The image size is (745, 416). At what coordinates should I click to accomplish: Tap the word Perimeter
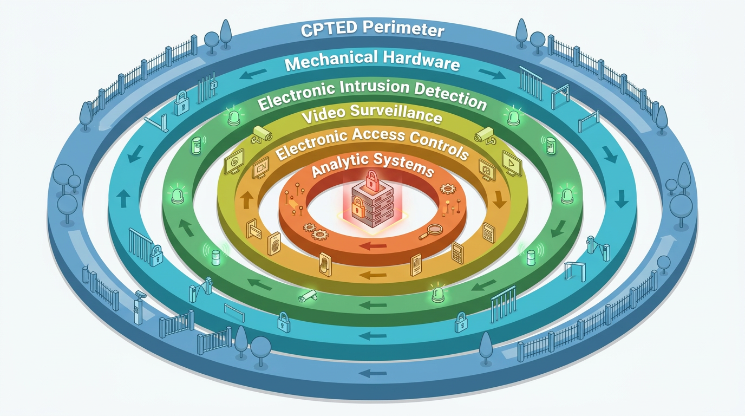(x=403, y=28)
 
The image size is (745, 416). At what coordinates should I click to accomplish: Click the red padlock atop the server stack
(x=372, y=181)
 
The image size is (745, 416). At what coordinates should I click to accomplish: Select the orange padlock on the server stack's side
(x=358, y=207)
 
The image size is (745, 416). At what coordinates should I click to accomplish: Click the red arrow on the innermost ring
(x=373, y=246)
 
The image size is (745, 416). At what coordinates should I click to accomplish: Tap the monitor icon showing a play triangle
(x=512, y=163)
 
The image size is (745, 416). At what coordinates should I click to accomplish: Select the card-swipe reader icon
(x=253, y=229)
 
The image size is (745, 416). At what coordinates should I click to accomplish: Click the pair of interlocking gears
(x=316, y=231)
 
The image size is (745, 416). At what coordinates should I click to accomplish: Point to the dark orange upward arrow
(x=246, y=200)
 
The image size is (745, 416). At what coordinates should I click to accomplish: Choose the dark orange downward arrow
(x=499, y=199)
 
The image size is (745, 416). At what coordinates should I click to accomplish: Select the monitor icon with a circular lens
(x=234, y=162)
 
